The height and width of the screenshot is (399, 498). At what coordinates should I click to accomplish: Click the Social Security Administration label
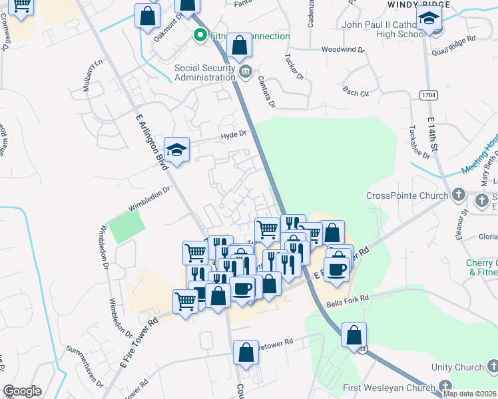[x=205, y=72]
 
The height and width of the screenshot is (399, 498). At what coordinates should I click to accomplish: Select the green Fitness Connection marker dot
[x=198, y=36]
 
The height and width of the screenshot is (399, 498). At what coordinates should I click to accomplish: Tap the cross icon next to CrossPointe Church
[x=458, y=196]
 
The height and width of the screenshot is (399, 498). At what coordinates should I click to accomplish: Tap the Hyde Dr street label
[x=234, y=134]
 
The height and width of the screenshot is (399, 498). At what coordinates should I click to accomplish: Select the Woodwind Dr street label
[x=343, y=49]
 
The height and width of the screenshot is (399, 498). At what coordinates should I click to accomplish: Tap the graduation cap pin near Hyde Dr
[x=177, y=150]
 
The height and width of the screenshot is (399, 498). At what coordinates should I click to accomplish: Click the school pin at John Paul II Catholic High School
[x=429, y=20]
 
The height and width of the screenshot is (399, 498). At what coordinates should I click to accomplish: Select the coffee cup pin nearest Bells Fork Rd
[x=336, y=269]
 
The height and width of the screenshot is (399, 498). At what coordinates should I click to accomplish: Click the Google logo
[x=22, y=391]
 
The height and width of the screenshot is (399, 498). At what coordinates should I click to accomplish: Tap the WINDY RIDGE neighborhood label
[x=413, y=4]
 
